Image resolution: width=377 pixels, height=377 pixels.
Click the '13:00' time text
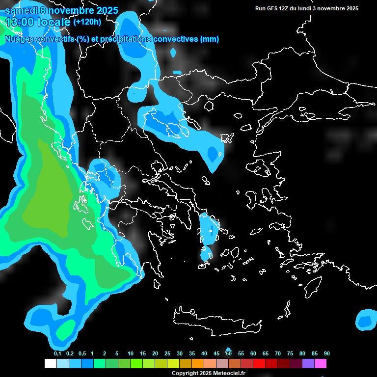19,22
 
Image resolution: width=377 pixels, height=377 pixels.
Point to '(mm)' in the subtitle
211,39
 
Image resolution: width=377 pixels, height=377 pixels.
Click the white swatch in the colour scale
50,364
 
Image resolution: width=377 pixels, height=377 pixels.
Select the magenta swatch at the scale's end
321,364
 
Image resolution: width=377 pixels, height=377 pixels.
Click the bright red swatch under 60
259,364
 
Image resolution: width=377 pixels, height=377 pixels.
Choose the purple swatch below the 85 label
308,364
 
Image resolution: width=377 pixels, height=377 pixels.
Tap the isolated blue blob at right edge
365,321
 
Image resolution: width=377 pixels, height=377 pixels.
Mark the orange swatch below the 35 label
198,364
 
